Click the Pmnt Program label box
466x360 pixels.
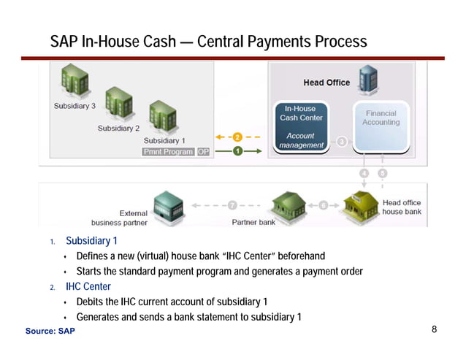pyautogui.click(x=168, y=152)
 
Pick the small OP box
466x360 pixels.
pyautogui.click(x=204, y=152)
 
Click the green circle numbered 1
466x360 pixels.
pyautogui.click(x=237, y=151)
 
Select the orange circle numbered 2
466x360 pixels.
pyautogui.click(x=237, y=137)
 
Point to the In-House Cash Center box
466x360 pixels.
pyautogui.click(x=301, y=125)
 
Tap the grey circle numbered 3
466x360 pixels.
pyautogui.click(x=341, y=142)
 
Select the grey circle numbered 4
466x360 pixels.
pyautogui.click(x=364, y=173)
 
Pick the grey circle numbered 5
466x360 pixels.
pyautogui.click(x=381, y=173)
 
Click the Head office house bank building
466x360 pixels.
pyautogui.click(x=359, y=204)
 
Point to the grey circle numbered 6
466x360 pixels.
pyautogui.click(x=323, y=205)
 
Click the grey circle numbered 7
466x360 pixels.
pyautogui.click(x=232, y=205)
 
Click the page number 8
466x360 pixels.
pyautogui.click(x=435, y=330)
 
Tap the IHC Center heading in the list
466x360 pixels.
pyautogui.click(x=88, y=286)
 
